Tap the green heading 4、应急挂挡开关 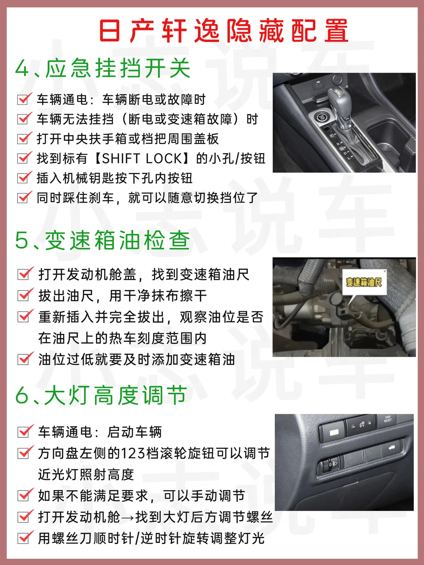coord(103,68)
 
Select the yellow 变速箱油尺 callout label coord(364,282)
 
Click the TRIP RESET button coord(387,419)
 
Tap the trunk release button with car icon coord(391,448)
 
